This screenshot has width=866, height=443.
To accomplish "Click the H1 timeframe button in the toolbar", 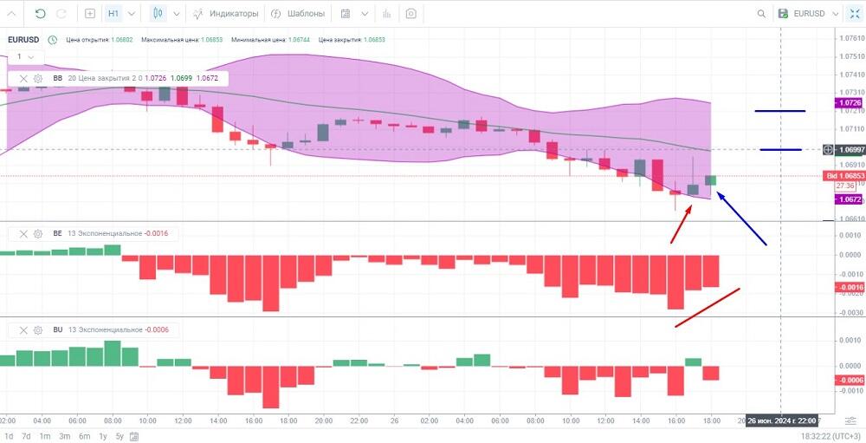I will coord(113,14).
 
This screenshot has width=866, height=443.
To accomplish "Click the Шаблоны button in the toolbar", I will coord(298,14).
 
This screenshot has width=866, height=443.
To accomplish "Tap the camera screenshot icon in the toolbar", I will coord(410,14).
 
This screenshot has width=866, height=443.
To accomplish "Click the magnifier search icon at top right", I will coord(761,14).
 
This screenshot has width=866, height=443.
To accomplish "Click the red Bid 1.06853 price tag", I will coord(844,176).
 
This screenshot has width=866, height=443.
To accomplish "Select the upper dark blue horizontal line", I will coord(779,111).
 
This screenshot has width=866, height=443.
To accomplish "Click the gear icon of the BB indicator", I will coord(38,78).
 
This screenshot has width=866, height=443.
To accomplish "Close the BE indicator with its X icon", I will coord(23,233).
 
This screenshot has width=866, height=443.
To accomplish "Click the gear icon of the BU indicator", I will coord(38,329).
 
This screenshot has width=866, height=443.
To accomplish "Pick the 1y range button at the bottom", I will coord(103,436).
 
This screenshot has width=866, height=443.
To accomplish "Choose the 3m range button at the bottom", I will coord(65,436).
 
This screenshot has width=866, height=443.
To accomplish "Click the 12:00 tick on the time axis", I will coord(183,420).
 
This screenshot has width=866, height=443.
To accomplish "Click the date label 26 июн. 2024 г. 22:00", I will coord(781,420).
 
